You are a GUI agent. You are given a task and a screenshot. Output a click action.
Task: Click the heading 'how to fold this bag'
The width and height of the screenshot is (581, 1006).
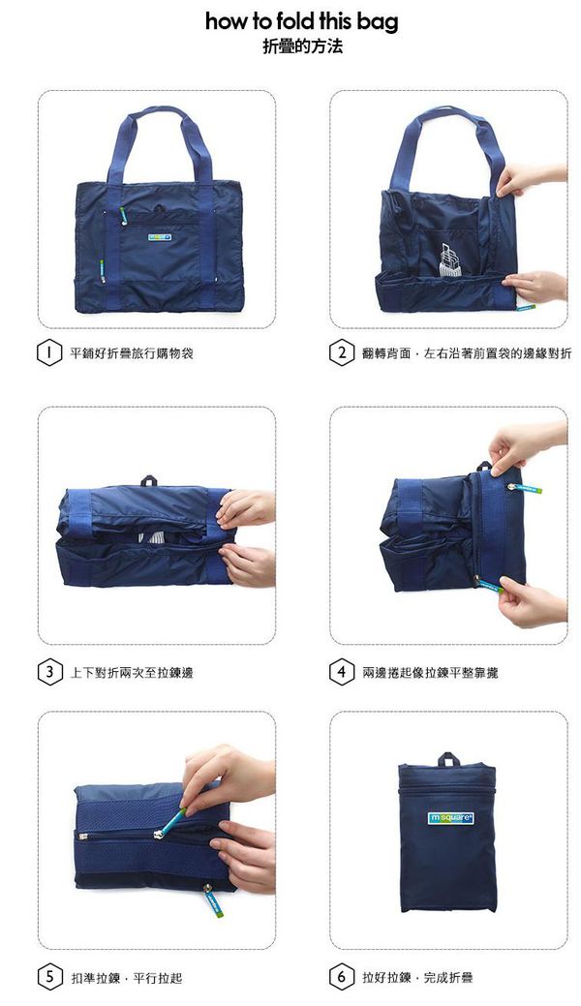[301, 22]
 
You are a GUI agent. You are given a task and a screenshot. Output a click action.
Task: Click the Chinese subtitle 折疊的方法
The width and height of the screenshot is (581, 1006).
[302, 46]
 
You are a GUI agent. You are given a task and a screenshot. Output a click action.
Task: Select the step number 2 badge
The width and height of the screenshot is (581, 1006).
[341, 353]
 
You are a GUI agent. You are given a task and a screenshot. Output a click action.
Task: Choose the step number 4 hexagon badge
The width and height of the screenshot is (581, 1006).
[341, 671]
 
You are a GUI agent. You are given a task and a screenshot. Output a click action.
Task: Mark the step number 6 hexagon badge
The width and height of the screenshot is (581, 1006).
[341, 977]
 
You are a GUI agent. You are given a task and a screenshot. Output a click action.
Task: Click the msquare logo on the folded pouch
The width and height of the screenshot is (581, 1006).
[450, 818]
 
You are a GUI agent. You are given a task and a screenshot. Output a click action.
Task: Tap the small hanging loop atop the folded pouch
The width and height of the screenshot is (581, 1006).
[448, 758]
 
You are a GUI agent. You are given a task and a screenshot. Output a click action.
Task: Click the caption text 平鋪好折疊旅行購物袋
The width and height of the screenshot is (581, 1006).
[132, 353]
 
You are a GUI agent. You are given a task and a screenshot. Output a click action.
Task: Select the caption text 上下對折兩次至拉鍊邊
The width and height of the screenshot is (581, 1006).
[132, 671]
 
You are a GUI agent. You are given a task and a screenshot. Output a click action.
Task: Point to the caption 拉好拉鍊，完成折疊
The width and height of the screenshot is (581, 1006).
[417, 977]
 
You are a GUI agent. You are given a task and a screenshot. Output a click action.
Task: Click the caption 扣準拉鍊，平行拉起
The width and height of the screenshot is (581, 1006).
[126, 977]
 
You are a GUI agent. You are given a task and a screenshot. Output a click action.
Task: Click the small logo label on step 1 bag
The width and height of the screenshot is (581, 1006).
[159, 235]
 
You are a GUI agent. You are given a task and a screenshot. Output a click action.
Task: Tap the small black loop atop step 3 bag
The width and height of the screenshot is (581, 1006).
[150, 480]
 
